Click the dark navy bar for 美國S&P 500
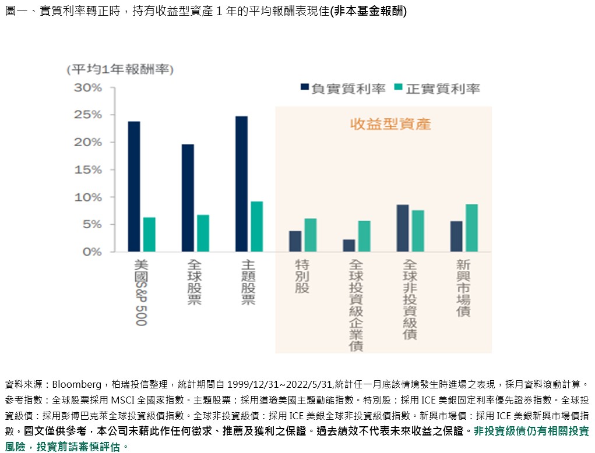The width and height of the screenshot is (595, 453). pyautogui.click(x=134, y=186)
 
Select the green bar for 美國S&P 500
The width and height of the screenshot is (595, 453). pyautogui.click(x=149, y=235)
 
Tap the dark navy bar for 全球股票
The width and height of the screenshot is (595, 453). pyautogui.click(x=188, y=198)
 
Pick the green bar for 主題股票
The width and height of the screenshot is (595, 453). pyautogui.click(x=257, y=226)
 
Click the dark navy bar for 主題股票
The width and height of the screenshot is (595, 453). pyautogui.click(x=241, y=184)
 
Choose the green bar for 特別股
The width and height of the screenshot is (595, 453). pyautogui.click(x=311, y=235)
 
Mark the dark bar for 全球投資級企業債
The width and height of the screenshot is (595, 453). pyautogui.click(x=349, y=246)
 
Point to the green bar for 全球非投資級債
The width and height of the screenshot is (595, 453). pyautogui.click(x=418, y=231)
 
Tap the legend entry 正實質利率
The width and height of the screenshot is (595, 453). pyautogui.click(x=436, y=89)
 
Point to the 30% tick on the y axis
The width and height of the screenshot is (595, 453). pyautogui.click(x=87, y=88)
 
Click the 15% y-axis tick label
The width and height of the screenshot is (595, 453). pyautogui.click(x=87, y=170)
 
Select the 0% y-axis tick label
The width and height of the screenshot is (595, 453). pyautogui.click(x=91, y=252)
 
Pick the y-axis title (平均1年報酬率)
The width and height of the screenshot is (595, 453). pyautogui.click(x=120, y=70)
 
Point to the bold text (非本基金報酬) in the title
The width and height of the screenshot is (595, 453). pyautogui.click(x=368, y=12)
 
